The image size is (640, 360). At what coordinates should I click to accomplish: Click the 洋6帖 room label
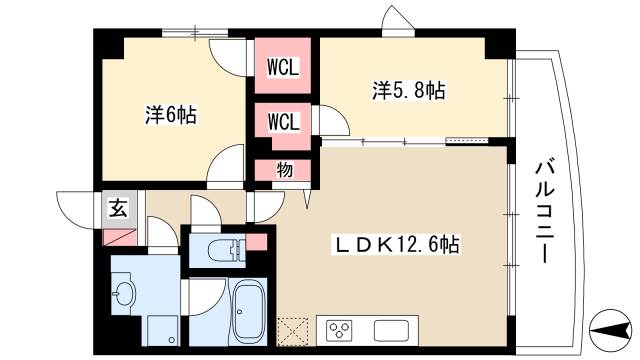169,115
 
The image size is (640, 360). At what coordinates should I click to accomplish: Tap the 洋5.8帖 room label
409,90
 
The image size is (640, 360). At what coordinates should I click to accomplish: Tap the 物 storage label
285,170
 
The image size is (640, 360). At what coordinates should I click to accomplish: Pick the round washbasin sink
124,294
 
